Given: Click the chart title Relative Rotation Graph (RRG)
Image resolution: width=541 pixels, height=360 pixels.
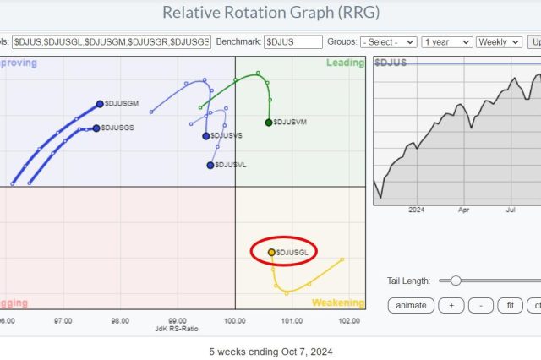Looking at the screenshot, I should pos(271,13).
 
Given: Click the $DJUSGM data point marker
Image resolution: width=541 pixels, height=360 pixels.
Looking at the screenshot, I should pos(100,104).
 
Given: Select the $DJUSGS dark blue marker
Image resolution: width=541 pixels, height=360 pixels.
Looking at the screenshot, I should pos(96,128).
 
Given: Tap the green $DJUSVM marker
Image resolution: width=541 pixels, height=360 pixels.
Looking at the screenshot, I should pos(269,123).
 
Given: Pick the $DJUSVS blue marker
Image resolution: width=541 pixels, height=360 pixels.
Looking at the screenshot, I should pos(206,136).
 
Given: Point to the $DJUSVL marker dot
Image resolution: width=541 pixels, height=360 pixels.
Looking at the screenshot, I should pos(210,165).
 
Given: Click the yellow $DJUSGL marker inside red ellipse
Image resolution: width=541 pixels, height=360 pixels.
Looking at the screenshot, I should pos(271,252).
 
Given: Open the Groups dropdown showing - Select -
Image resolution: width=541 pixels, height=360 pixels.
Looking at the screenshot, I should pos(388,41).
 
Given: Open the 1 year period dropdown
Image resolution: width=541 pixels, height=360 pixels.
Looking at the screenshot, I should pos(446,41).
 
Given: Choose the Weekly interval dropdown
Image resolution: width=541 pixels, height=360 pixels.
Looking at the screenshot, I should pos(498,41).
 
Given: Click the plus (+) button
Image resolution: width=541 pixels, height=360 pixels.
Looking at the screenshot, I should pos(451,305).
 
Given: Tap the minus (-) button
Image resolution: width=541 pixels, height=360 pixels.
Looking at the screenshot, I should pos(480,305).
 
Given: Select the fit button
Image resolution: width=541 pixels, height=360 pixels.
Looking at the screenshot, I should pos(509,305).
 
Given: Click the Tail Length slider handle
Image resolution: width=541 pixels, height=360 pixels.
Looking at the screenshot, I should pos(456,281).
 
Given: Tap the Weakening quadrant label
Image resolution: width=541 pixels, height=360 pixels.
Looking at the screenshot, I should pos(338,303).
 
